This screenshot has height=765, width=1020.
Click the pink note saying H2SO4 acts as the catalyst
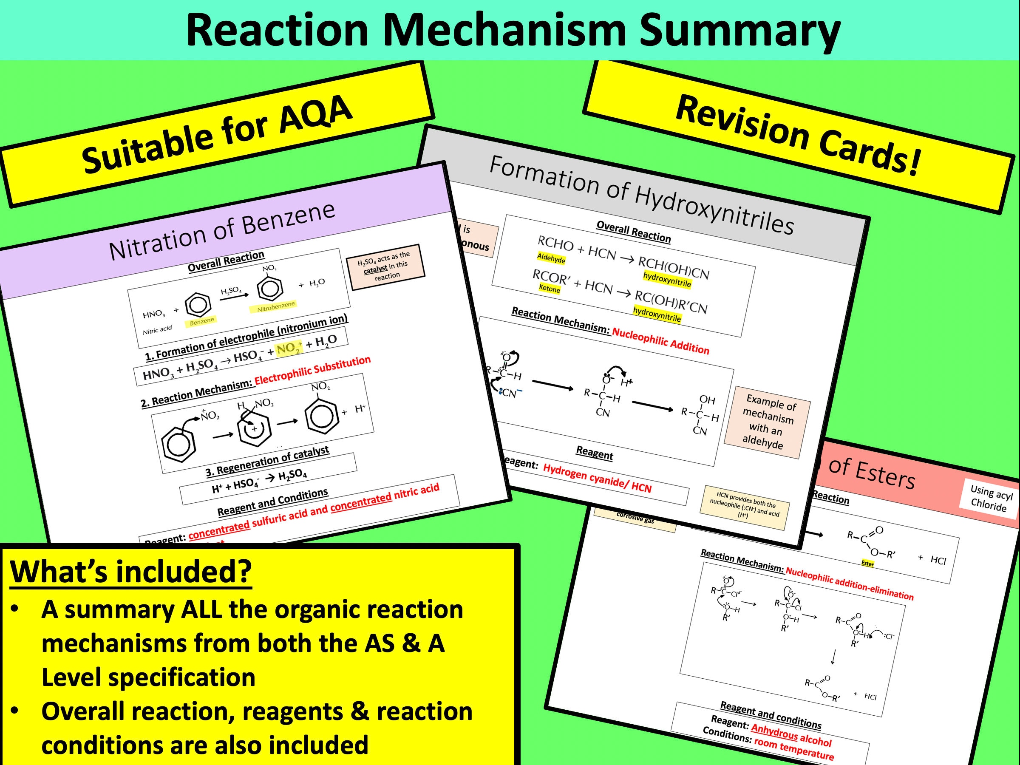[385, 267]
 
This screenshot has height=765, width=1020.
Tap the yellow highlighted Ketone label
[549, 289]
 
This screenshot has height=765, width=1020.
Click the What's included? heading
[131, 572]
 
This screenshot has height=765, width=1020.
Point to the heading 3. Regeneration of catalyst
[267, 462]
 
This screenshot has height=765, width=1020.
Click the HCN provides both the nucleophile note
[745, 507]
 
